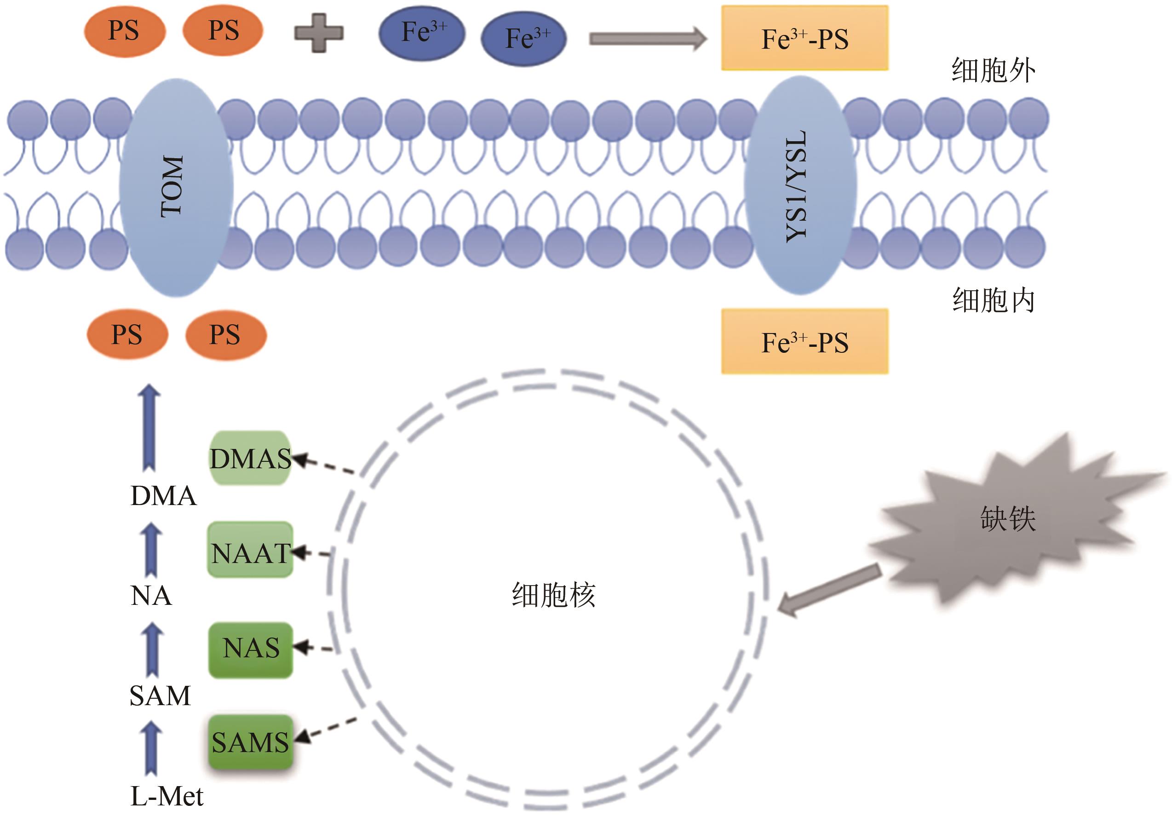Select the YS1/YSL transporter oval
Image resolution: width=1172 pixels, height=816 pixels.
point(799,186)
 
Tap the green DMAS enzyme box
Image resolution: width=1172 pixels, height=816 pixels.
point(250,458)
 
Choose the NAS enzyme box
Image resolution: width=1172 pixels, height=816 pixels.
point(250,649)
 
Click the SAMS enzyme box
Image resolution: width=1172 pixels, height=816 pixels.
point(250,742)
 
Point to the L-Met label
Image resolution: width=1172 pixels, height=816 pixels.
point(167,796)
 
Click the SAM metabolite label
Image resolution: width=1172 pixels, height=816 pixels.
point(160,696)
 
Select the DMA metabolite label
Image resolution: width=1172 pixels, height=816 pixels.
point(163,496)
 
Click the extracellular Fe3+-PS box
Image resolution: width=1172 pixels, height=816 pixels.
point(804,38)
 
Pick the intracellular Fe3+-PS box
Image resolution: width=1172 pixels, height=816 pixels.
point(804,341)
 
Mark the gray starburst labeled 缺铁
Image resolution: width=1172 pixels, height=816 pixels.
point(1008,521)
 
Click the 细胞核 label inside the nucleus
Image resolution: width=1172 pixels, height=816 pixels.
point(553,595)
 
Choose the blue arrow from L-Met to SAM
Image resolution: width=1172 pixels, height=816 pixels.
point(151,748)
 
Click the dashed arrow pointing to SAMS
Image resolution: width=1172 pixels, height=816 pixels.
point(327,729)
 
